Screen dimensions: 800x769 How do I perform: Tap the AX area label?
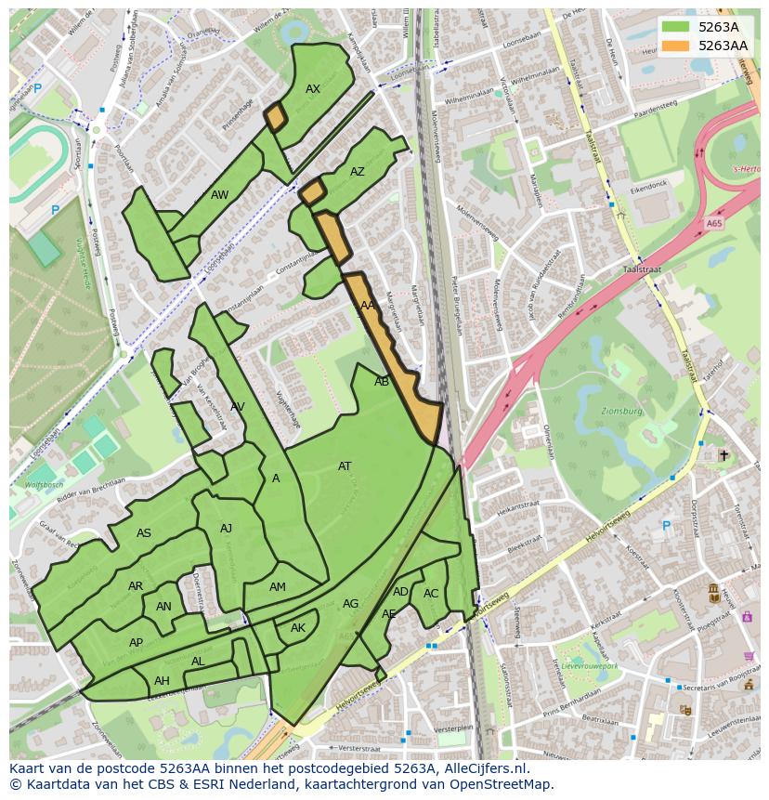313,89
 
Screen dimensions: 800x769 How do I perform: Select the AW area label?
219,195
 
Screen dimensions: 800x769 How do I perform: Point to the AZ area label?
358,172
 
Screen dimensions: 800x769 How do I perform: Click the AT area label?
345,466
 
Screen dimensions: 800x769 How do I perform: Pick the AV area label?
238,407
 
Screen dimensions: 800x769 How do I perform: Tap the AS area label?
144,533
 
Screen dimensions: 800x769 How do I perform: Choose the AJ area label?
226,529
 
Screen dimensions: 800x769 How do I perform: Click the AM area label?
278,587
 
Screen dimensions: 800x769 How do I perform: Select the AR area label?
136,586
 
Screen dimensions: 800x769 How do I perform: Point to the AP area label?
136,643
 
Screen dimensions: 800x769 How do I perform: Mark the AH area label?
162,681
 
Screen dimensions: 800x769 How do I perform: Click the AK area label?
298,628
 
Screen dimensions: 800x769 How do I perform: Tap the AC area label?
431,594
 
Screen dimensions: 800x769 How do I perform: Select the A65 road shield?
713,224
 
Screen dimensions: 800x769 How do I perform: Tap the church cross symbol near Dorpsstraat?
723,455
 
